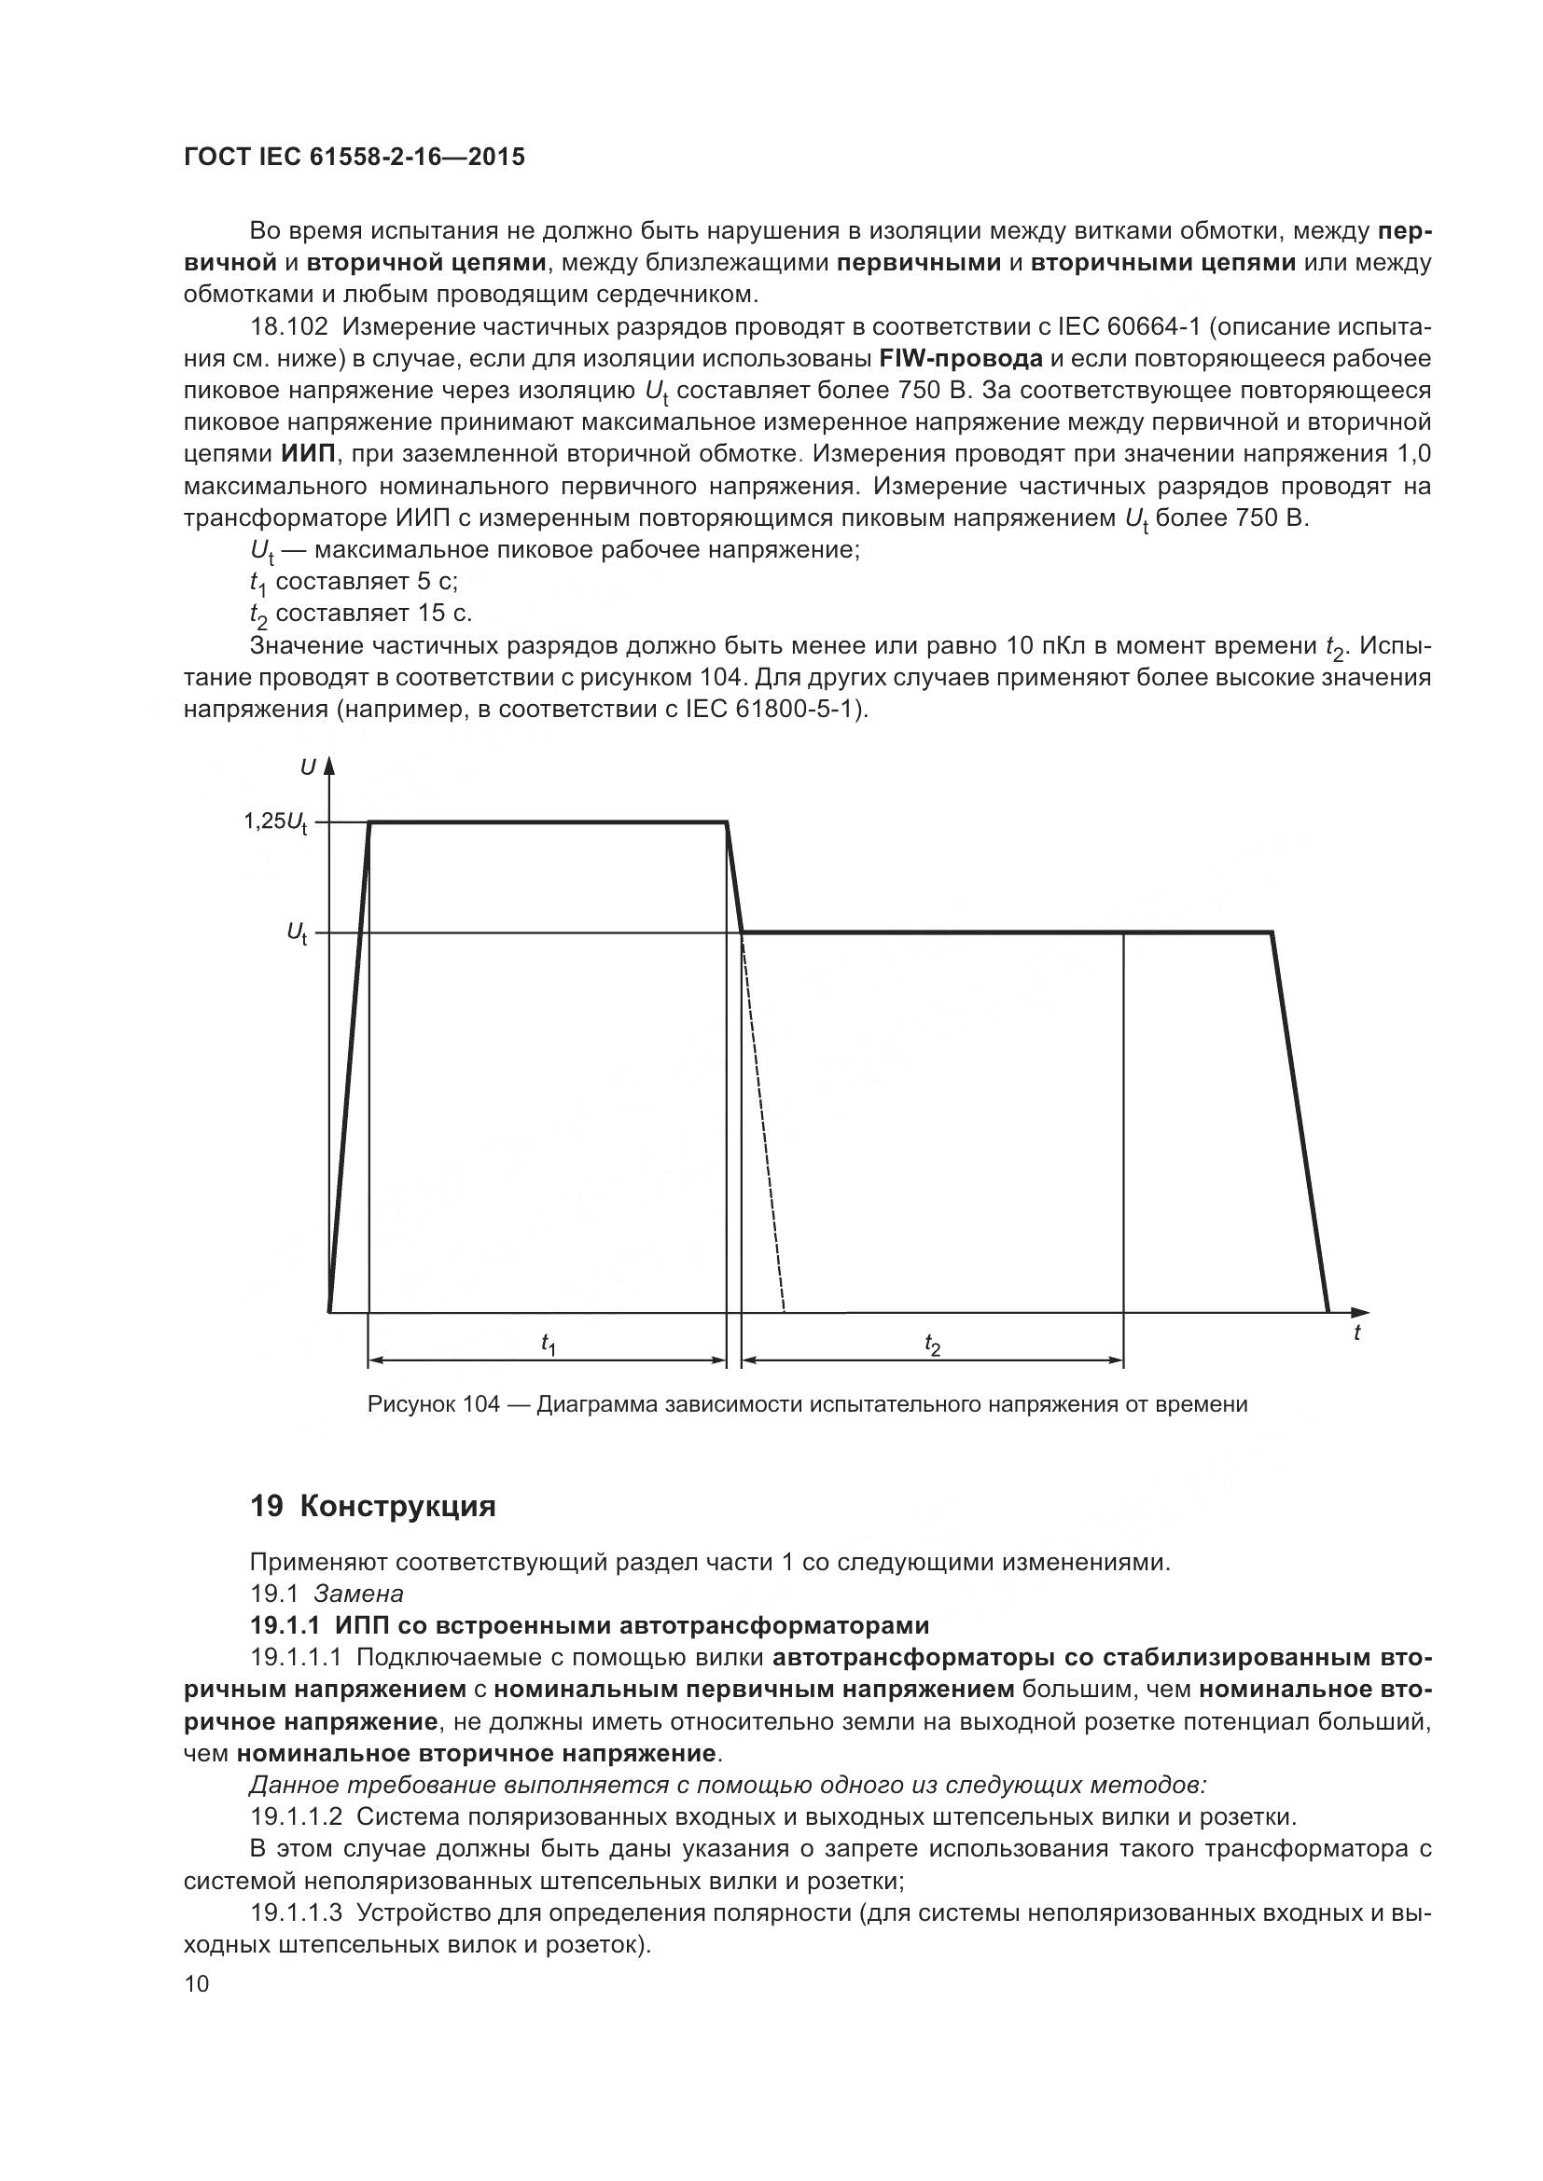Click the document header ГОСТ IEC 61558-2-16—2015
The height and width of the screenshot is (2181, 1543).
(354, 158)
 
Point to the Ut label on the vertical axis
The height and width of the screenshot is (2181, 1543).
(298, 934)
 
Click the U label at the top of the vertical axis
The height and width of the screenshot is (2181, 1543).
(307, 767)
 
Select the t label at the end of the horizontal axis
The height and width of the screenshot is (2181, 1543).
(1356, 1333)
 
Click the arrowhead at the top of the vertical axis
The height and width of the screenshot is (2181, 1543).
(329, 767)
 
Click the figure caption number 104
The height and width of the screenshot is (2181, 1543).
(481, 1405)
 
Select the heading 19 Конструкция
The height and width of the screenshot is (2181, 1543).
(372, 1508)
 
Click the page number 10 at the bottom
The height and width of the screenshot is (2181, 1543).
(197, 1984)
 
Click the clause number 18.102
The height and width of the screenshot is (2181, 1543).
(289, 327)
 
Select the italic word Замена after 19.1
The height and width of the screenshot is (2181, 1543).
(358, 1594)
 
